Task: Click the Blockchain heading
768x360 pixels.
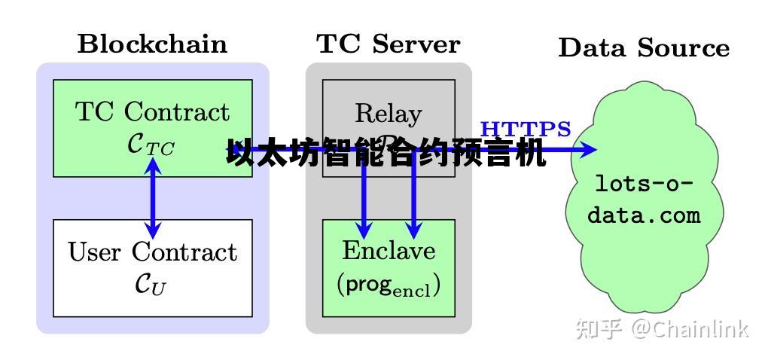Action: [x=152, y=44]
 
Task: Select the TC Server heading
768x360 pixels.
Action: [x=388, y=44]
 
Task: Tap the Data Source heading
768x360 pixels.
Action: [x=644, y=47]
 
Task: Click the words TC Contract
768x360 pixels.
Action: [x=152, y=111]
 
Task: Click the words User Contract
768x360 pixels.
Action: [x=152, y=252]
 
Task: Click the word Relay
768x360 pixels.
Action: [x=388, y=113]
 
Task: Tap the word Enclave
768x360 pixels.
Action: [x=389, y=250]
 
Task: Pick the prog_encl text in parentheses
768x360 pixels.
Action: [x=389, y=284]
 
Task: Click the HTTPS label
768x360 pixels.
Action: [x=526, y=129]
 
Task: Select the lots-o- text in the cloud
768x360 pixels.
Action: [x=644, y=183]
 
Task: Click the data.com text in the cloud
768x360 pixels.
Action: [x=644, y=215]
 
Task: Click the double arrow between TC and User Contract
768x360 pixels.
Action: [x=153, y=197]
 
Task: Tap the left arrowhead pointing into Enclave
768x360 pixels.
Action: [x=364, y=230]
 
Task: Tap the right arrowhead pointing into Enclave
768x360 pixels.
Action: [x=413, y=230]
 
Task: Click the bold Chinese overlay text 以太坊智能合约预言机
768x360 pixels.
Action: [x=386, y=154]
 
